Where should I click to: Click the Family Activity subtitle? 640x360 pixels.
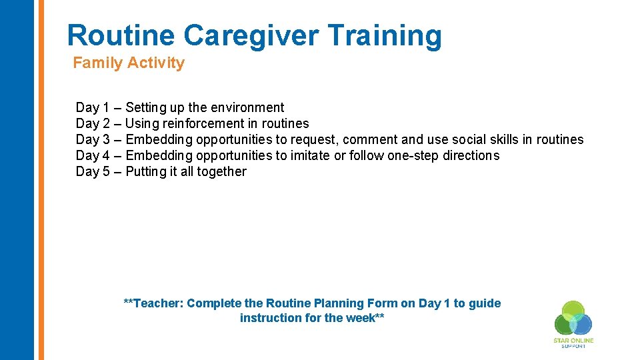coord(129,63)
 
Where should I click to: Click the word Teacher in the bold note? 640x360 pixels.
coord(158,303)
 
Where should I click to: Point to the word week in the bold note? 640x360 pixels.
coord(361,318)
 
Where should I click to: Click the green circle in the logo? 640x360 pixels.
coord(573,311)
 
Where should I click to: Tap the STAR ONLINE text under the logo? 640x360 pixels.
coord(573,341)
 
